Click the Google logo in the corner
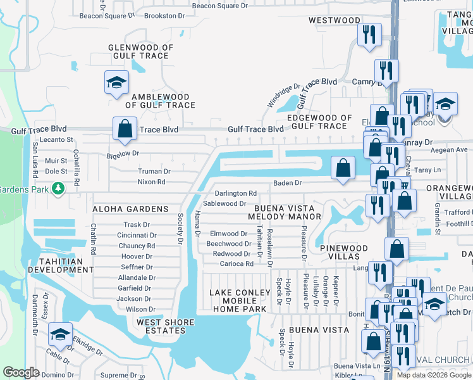pyautogui.click(x=21, y=372)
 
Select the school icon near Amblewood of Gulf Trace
pyautogui.click(x=116, y=83)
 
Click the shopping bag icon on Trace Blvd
pyautogui.click(x=125, y=129)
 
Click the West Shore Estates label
pyautogui.click(x=166, y=327)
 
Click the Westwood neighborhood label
pyautogui.click(x=335, y=20)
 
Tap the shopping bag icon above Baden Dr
pyautogui.click(x=343, y=168)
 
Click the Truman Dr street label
pyautogui.click(x=154, y=171)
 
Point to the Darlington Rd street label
pyautogui.click(x=235, y=193)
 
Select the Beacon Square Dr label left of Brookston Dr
pyautogui.click(x=104, y=16)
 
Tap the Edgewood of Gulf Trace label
pyautogui.click(x=319, y=122)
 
